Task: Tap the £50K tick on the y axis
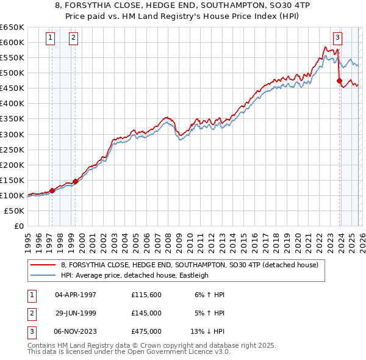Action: click(x=15, y=211)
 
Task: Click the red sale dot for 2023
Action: click(x=339, y=80)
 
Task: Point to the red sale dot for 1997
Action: click(x=52, y=190)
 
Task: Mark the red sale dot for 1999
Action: click(x=76, y=181)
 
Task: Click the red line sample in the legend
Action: click(x=43, y=265)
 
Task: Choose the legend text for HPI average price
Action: click(x=134, y=275)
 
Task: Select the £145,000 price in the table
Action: click(x=146, y=313)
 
